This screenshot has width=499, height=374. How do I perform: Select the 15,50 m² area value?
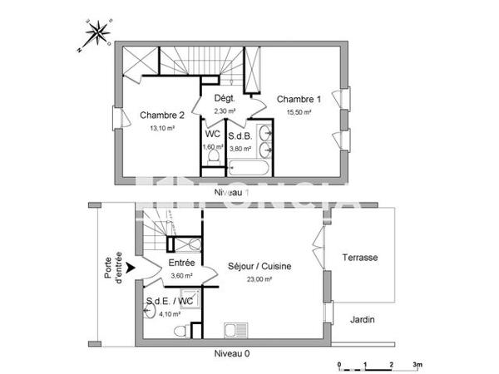pyautogui.click(x=299, y=112)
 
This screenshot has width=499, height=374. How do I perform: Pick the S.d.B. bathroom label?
pyautogui.click(x=240, y=135)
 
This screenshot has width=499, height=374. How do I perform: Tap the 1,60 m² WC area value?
pyautogui.click(x=213, y=147)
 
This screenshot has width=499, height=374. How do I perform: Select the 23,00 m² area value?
pyautogui.click(x=260, y=280)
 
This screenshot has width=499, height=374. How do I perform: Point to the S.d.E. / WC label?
pyautogui.click(x=170, y=301)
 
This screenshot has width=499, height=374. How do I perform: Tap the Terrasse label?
pyautogui.click(x=360, y=258)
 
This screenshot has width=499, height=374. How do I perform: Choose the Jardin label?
pyautogui.click(x=362, y=319)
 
